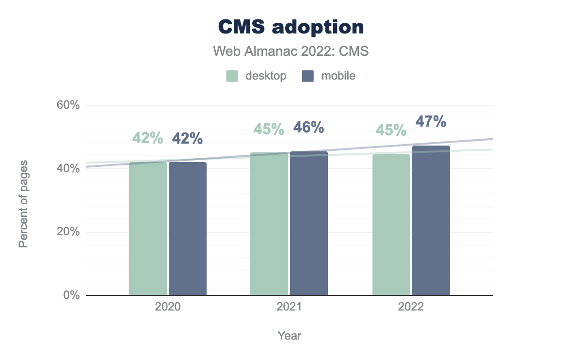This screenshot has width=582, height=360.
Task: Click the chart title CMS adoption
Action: pyautogui.click(x=291, y=27)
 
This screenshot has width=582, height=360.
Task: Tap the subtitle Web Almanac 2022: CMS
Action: pyautogui.click(x=291, y=51)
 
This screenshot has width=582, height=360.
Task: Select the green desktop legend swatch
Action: pyautogui.click(x=232, y=76)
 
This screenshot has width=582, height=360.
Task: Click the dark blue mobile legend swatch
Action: pyautogui.click(x=308, y=76)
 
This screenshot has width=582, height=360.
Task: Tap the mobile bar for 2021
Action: pyautogui.click(x=309, y=224)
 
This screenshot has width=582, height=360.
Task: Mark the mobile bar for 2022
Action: pyautogui.click(x=431, y=221)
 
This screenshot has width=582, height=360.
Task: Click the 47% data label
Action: pyautogui.click(x=431, y=121)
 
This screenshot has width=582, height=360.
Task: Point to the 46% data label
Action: pyautogui.click(x=308, y=128)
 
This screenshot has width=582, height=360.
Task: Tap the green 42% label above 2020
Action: pyautogui.click(x=147, y=138)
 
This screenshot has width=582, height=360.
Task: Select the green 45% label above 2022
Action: pyautogui.click(x=391, y=130)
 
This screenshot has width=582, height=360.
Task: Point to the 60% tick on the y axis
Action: pyautogui.click(x=68, y=105)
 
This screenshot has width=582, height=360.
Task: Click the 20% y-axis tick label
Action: pyautogui.click(x=68, y=232)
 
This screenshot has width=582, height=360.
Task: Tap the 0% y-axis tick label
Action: pyautogui.click(x=71, y=295)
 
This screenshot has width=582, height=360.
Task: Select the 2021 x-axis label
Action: pyautogui.click(x=289, y=308)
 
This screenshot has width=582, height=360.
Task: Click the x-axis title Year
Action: pyautogui.click(x=290, y=335)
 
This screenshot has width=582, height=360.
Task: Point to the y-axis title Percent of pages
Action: pyautogui.click(x=23, y=203)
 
